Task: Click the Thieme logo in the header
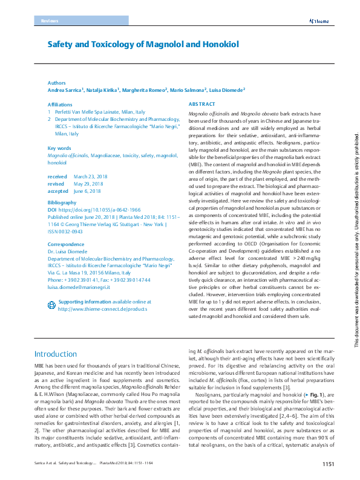[x=319, y=21]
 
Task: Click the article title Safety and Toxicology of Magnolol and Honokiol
[x=144, y=44]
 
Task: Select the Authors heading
[x=56, y=83]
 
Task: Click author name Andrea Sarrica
[x=65, y=90]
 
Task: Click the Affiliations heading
[x=61, y=105]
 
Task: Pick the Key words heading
[x=59, y=148]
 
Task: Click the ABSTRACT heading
[x=202, y=105]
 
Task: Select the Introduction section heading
[x=56, y=354]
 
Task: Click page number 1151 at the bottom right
[x=328, y=465]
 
